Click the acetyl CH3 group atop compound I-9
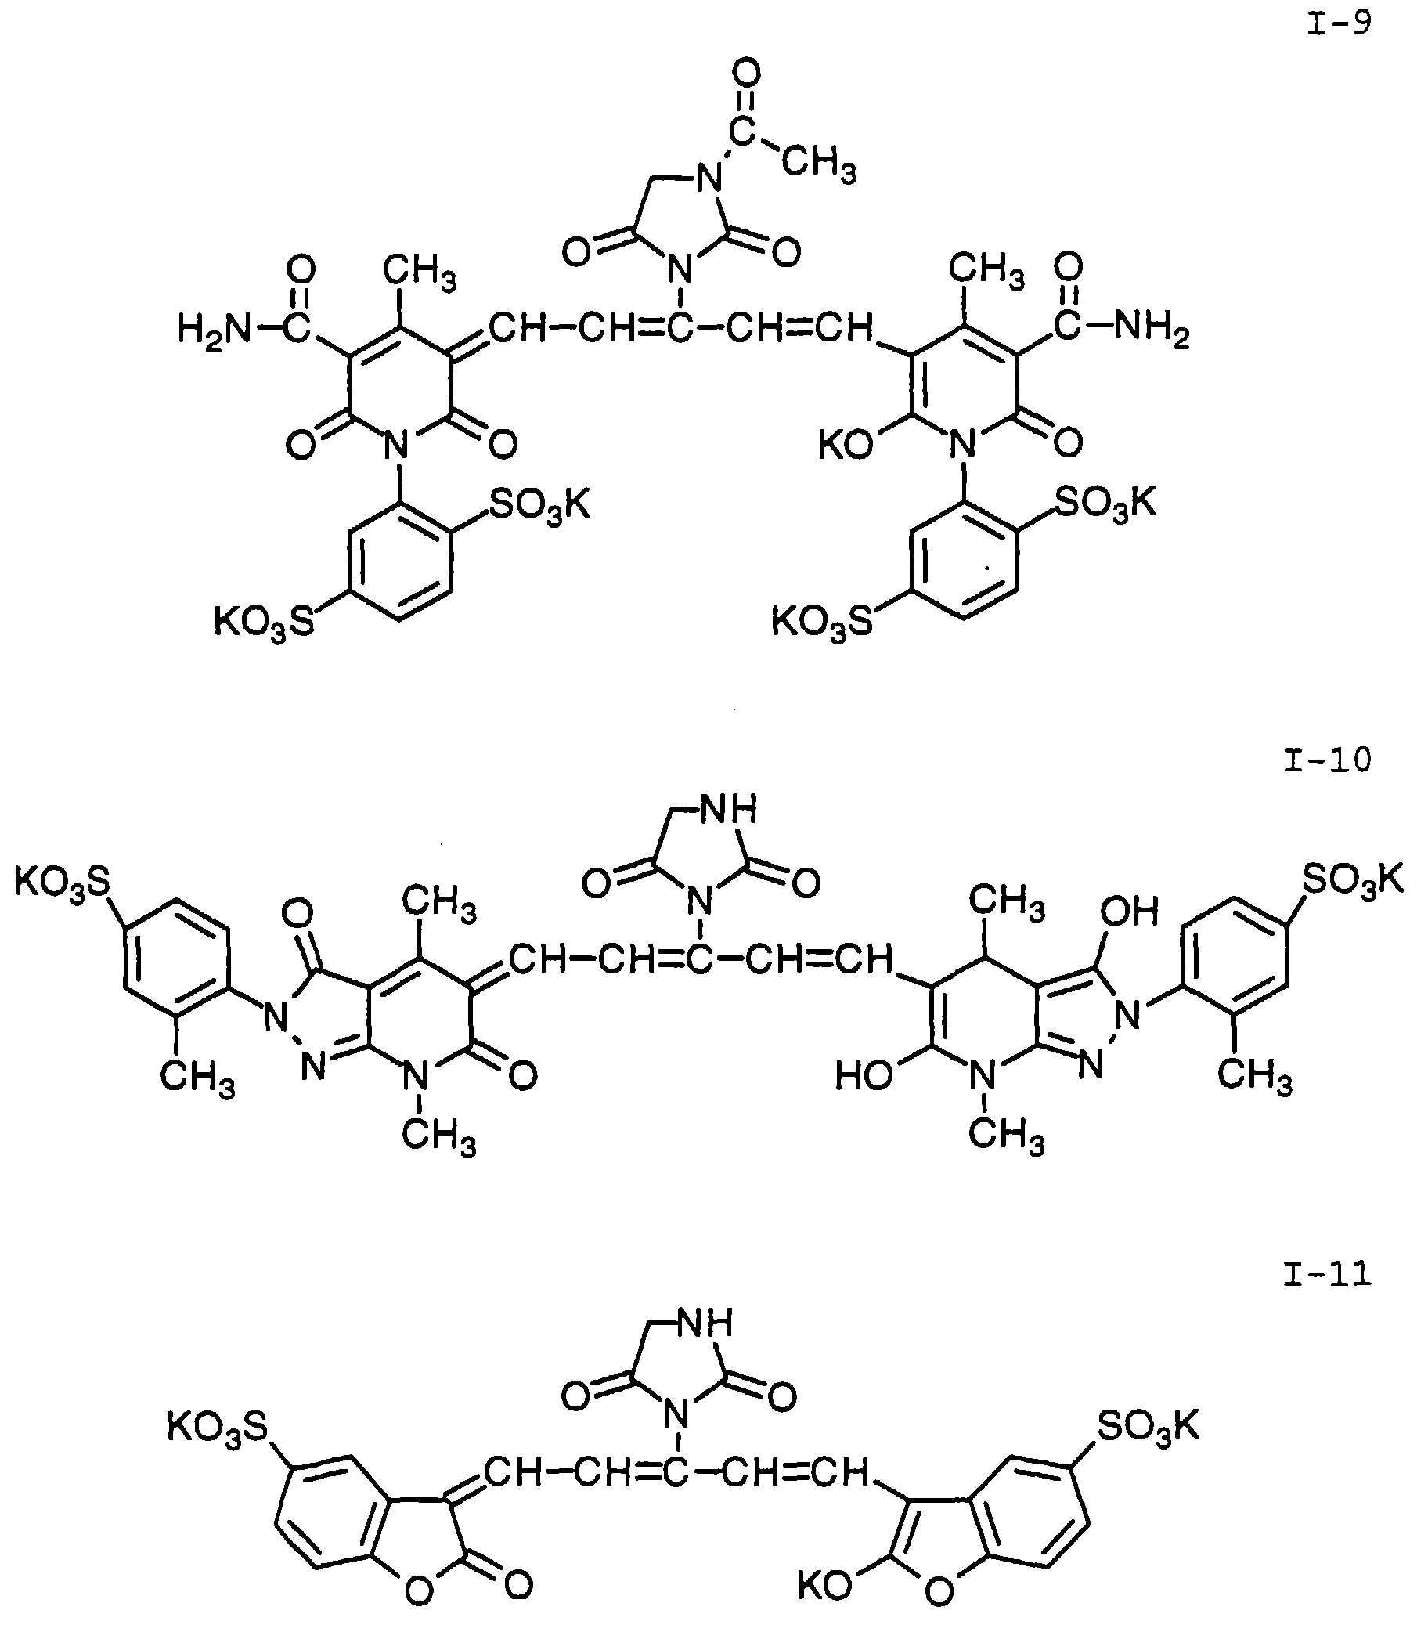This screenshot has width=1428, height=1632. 818,165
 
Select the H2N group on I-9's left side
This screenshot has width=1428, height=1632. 213,328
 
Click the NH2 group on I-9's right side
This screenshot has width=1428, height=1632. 1151,327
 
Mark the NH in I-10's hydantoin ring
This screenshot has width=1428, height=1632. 728,810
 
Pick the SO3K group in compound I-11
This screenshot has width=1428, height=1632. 1149,1425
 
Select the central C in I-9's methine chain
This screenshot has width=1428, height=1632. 679,328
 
